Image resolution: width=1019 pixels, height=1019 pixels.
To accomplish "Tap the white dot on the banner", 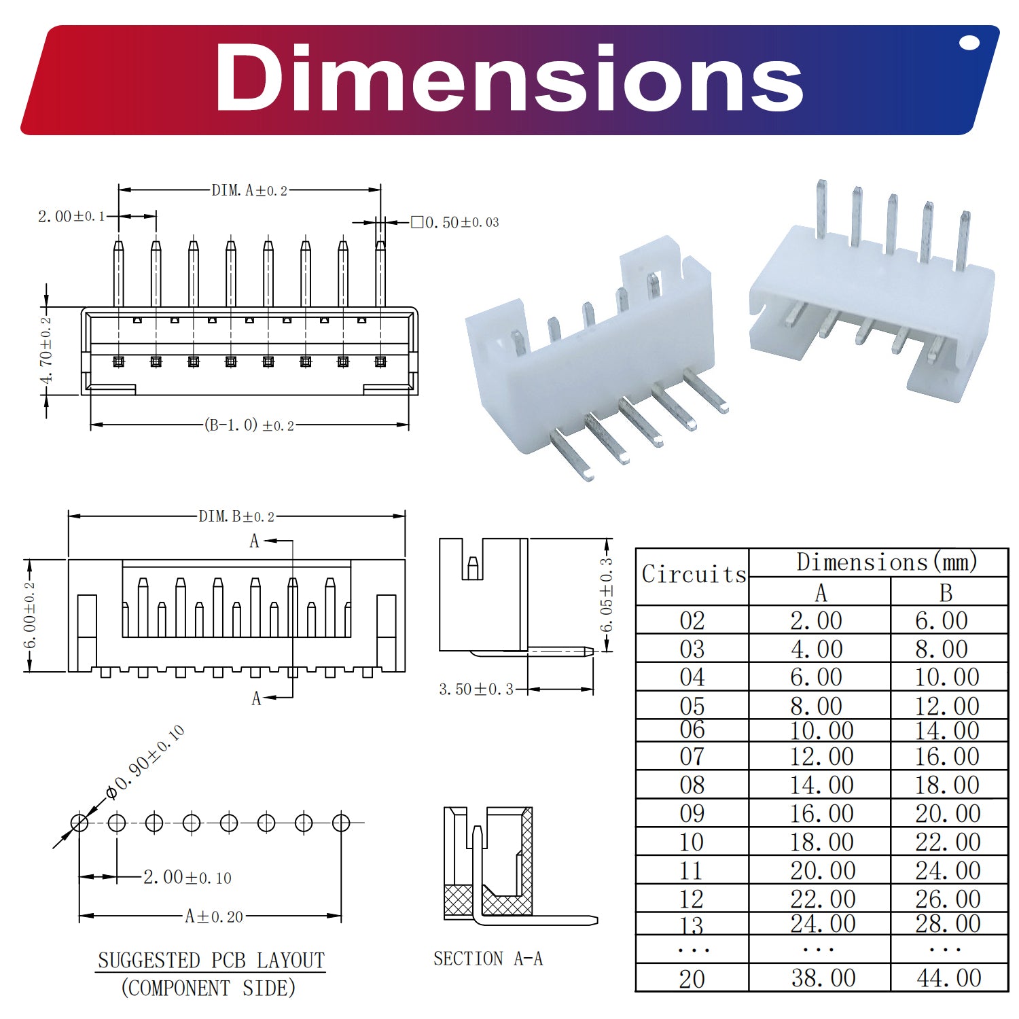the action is click(x=969, y=43).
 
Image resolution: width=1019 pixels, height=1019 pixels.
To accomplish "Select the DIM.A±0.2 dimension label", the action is click(x=249, y=190).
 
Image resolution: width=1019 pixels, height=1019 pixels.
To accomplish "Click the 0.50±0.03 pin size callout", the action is click(x=455, y=222).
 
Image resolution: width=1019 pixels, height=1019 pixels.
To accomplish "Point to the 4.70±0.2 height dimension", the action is click(x=46, y=350).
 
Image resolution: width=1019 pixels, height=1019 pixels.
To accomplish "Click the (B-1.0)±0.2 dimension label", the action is click(x=249, y=425).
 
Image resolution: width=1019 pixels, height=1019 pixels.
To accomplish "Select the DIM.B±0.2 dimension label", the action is click(x=236, y=516).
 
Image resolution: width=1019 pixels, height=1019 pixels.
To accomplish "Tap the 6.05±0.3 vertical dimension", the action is click(x=607, y=594).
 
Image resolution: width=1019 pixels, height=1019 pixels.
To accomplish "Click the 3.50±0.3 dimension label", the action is click(x=476, y=690).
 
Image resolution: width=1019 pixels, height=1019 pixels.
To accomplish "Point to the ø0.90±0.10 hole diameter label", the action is click(x=145, y=762).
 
